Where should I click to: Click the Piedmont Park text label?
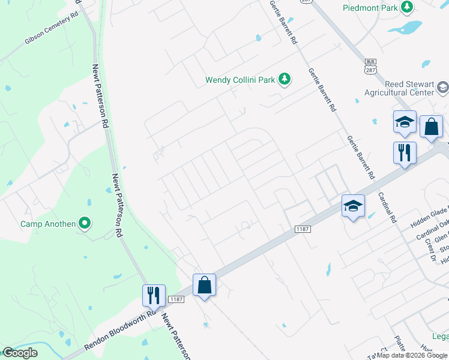click(370, 8)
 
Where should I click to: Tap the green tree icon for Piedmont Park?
click(408, 7)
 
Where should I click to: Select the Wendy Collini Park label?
click(240, 79)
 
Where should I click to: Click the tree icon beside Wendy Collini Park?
click(284, 79)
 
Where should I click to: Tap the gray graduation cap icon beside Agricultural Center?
click(442, 88)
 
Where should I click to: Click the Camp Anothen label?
click(48, 224)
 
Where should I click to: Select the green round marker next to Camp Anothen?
click(85, 224)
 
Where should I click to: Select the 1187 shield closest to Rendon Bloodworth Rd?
click(176, 299)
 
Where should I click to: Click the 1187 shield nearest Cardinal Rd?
click(302, 229)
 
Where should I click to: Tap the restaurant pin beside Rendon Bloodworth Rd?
click(154, 295)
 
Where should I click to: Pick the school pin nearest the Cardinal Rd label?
click(353, 206)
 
